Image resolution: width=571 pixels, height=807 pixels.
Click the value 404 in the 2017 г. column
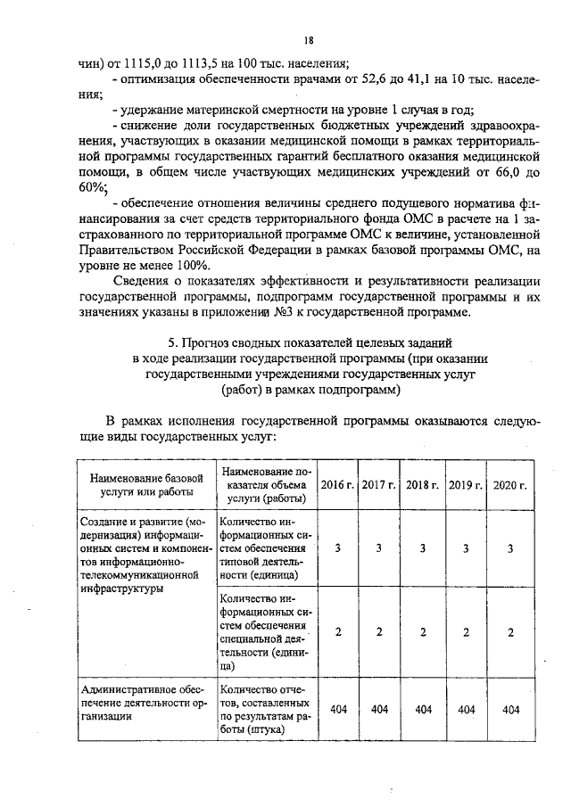pyautogui.click(x=379, y=709)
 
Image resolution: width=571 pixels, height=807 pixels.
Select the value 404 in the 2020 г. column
pyautogui.click(x=510, y=709)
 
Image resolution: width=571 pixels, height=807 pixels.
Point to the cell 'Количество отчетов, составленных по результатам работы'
pyautogui.click(x=265, y=709)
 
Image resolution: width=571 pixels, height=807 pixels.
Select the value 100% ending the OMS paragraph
pyautogui.click(x=192, y=266)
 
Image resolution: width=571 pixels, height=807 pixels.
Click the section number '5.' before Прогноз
pyautogui.click(x=174, y=342)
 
